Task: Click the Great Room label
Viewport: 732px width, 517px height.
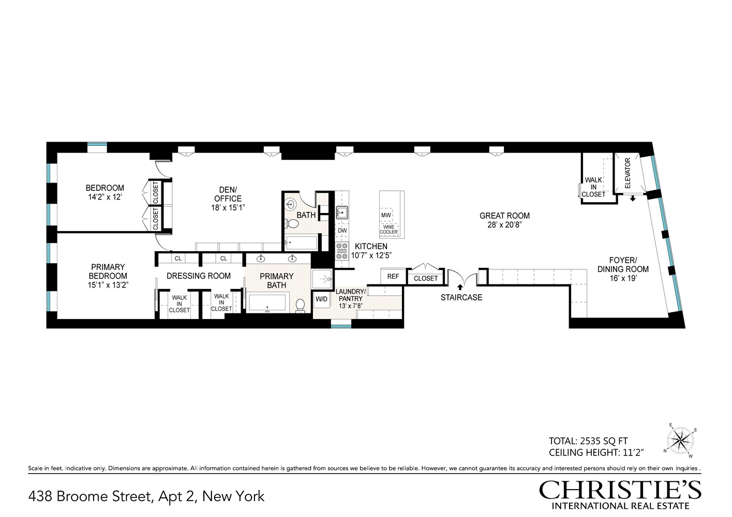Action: (x=504, y=216)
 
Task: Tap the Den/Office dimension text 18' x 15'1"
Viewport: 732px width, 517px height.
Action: (x=228, y=208)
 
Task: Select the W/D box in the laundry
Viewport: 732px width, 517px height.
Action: (x=322, y=299)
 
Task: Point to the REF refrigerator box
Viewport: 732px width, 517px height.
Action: (x=393, y=277)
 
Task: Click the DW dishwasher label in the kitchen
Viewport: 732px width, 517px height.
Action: (x=342, y=231)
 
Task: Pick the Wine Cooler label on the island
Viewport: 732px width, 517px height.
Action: (x=389, y=230)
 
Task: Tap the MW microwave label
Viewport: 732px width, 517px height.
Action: (x=386, y=215)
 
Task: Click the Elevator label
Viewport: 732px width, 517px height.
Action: (x=628, y=173)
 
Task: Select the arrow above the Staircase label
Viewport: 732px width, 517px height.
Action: (x=460, y=287)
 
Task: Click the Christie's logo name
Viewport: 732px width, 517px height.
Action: (x=620, y=490)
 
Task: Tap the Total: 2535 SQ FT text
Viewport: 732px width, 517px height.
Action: (x=588, y=441)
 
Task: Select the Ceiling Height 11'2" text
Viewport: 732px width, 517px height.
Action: (x=596, y=453)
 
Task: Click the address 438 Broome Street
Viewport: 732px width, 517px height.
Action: (x=146, y=497)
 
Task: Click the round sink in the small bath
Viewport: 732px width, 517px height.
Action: (x=290, y=204)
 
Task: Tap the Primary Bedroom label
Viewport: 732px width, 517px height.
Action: (x=108, y=271)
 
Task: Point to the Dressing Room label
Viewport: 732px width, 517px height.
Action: (x=199, y=276)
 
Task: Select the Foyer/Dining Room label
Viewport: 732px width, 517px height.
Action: (x=623, y=265)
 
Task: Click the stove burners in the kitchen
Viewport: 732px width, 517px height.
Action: (x=342, y=251)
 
